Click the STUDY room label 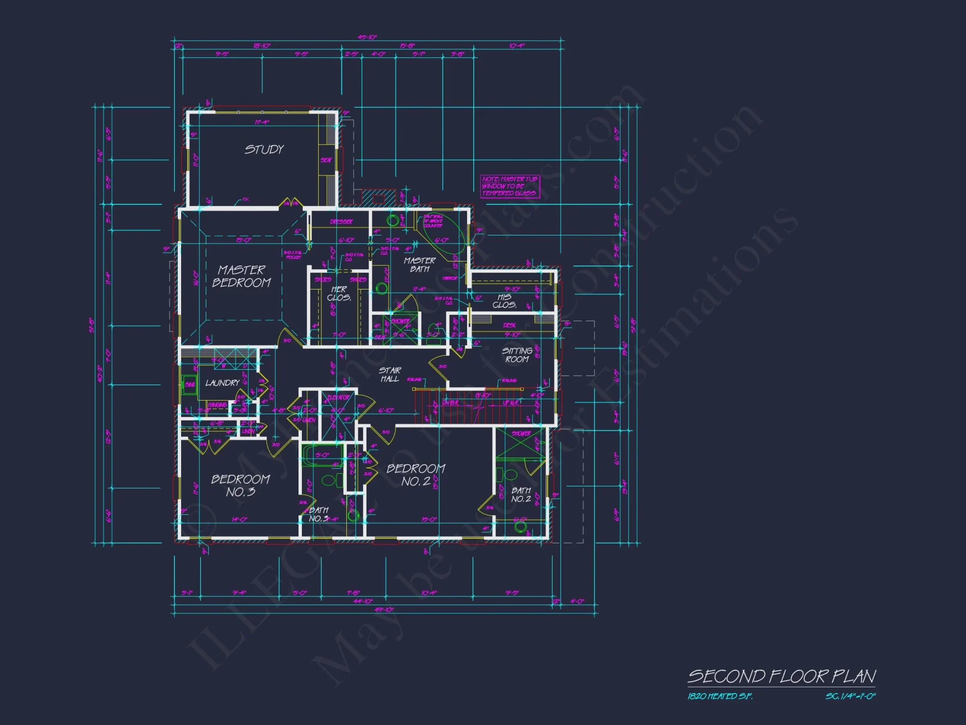[x=264, y=149]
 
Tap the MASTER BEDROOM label [x=241, y=276]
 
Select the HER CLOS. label [x=339, y=293]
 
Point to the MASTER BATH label [x=420, y=264]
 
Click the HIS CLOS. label [x=504, y=301]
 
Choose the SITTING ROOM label [x=517, y=355]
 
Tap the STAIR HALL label [x=390, y=375]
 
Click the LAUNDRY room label [x=222, y=383]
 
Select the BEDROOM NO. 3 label [x=241, y=485]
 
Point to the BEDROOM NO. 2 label [x=416, y=475]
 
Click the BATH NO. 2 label [x=521, y=494]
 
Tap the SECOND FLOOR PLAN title [x=781, y=676]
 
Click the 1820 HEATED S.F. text [x=720, y=696]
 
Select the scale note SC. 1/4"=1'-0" [x=850, y=696]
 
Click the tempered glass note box [x=510, y=186]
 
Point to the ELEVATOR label [x=338, y=397]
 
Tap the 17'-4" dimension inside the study [x=262, y=122]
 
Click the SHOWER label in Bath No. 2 [x=521, y=434]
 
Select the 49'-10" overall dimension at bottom [x=384, y=609]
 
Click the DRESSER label [x=341, y=222]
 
